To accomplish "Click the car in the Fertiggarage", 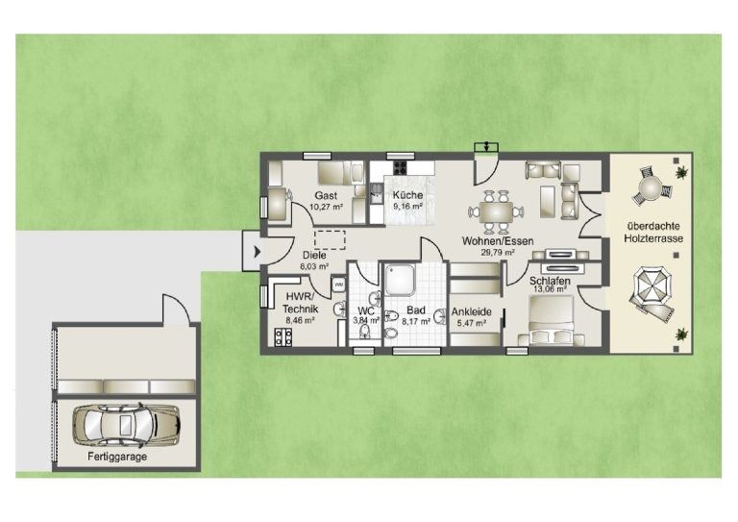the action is [x=126, y=426].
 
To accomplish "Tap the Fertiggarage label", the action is [x=117, y=457].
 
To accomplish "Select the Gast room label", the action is [x=326, y=195].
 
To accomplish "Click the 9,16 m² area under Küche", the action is [x=407, y=207].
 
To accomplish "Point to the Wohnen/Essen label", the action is [x=498, y=241].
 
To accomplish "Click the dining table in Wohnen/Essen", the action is [x=496, y=212].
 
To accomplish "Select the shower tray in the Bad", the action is [x=400, y=281].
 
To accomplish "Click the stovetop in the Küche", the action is [x=400, y=167].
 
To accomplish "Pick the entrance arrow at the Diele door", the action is [x=257, y=252].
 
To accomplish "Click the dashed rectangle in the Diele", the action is [x=330, y=240].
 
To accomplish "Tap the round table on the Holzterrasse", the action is [x=651, y=187].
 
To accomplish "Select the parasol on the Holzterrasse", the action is [x=651, y=286].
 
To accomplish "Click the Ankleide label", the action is [x=472, y=311].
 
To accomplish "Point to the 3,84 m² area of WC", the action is [x=366, y=320].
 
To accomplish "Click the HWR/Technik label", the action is [x=300, y=303].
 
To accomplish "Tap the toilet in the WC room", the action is [x=365, y=333].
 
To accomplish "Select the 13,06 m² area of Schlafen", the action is [x=549, y=289].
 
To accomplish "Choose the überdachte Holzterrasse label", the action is [x=653, y=233].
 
